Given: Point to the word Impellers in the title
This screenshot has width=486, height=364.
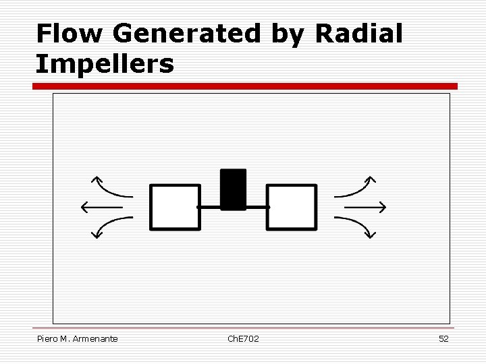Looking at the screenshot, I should [105, 65].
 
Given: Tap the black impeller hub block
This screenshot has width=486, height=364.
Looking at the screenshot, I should [234, 189].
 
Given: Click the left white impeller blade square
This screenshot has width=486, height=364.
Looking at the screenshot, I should [175, 207].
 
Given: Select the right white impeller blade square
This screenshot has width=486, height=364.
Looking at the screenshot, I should [292, 207].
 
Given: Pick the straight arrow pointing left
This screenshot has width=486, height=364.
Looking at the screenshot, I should [101, 206].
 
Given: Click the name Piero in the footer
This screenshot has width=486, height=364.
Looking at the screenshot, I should [47, 338].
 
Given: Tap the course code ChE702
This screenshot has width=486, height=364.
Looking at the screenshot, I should [243, 338].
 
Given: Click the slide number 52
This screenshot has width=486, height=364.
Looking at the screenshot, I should [443, 338].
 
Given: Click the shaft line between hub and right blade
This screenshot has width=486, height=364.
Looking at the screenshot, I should [256, 207].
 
